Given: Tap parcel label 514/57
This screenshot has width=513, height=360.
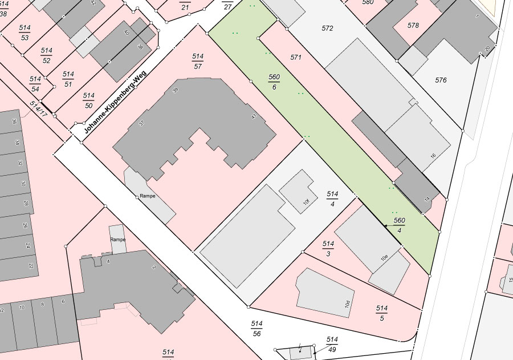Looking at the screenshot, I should pos(198,61).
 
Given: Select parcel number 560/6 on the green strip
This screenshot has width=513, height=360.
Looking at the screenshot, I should pos(274,82).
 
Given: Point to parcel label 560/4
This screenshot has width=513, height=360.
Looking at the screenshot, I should pos(400,225).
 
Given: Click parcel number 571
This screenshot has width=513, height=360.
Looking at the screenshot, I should pos(295,58).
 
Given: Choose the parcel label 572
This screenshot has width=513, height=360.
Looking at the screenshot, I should pos(327,29).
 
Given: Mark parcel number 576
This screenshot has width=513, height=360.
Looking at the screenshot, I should pos(441,80).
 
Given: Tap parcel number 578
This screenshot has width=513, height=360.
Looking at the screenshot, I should pos(413,26).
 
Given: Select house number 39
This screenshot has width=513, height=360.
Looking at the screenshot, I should pos(176,90).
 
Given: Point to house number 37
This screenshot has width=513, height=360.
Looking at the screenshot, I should pos(141,123).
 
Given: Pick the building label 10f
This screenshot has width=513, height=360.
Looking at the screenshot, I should pos(306,201).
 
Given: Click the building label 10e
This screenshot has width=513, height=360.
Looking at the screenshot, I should pos(385,257).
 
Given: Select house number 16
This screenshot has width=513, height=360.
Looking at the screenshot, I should pos(433,156).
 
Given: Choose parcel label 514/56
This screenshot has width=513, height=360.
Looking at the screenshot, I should pos(256,329).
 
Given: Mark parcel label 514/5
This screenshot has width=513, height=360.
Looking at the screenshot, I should pos(381,313).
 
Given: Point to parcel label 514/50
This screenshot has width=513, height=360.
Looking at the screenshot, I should pos(88,100).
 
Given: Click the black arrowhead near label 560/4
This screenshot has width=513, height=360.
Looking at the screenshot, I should pos(386,226).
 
